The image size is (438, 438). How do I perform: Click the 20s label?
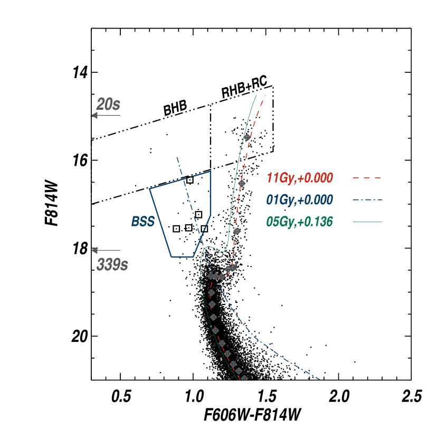(x=108, y=104)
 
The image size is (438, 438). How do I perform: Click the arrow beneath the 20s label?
(x=106, y=116)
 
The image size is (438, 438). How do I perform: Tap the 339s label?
(x=112, y=264)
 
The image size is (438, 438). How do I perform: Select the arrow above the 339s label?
(x=106, y=250)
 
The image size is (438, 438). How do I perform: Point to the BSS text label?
(x=143, y=222)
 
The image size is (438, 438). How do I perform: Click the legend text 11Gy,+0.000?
(x=300, y=178)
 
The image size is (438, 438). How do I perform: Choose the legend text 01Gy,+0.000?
(x=300, y=200)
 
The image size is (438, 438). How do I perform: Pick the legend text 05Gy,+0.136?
(x=300, y=222)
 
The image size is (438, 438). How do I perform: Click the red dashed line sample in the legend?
(x=367, y=178)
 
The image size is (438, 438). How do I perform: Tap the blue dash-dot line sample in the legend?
(x=367, y=200)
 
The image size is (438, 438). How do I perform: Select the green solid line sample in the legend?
(x=367, y=222)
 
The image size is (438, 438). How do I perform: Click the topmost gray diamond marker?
(x=247, y=137)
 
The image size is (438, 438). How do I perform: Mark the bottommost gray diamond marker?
(x=244, y=378)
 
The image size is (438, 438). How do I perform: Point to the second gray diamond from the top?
(x=242, y=183)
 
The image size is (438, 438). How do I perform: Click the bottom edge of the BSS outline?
(x=183, y=257)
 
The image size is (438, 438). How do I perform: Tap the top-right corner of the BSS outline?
(x=211, y=172)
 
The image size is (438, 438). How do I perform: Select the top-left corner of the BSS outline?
(x=150, y=188)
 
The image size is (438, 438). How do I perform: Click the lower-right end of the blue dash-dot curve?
(x=320, y=379)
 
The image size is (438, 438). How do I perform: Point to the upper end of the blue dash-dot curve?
(x=177, y=157)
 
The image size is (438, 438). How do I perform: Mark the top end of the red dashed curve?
(x=264, y=96)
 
